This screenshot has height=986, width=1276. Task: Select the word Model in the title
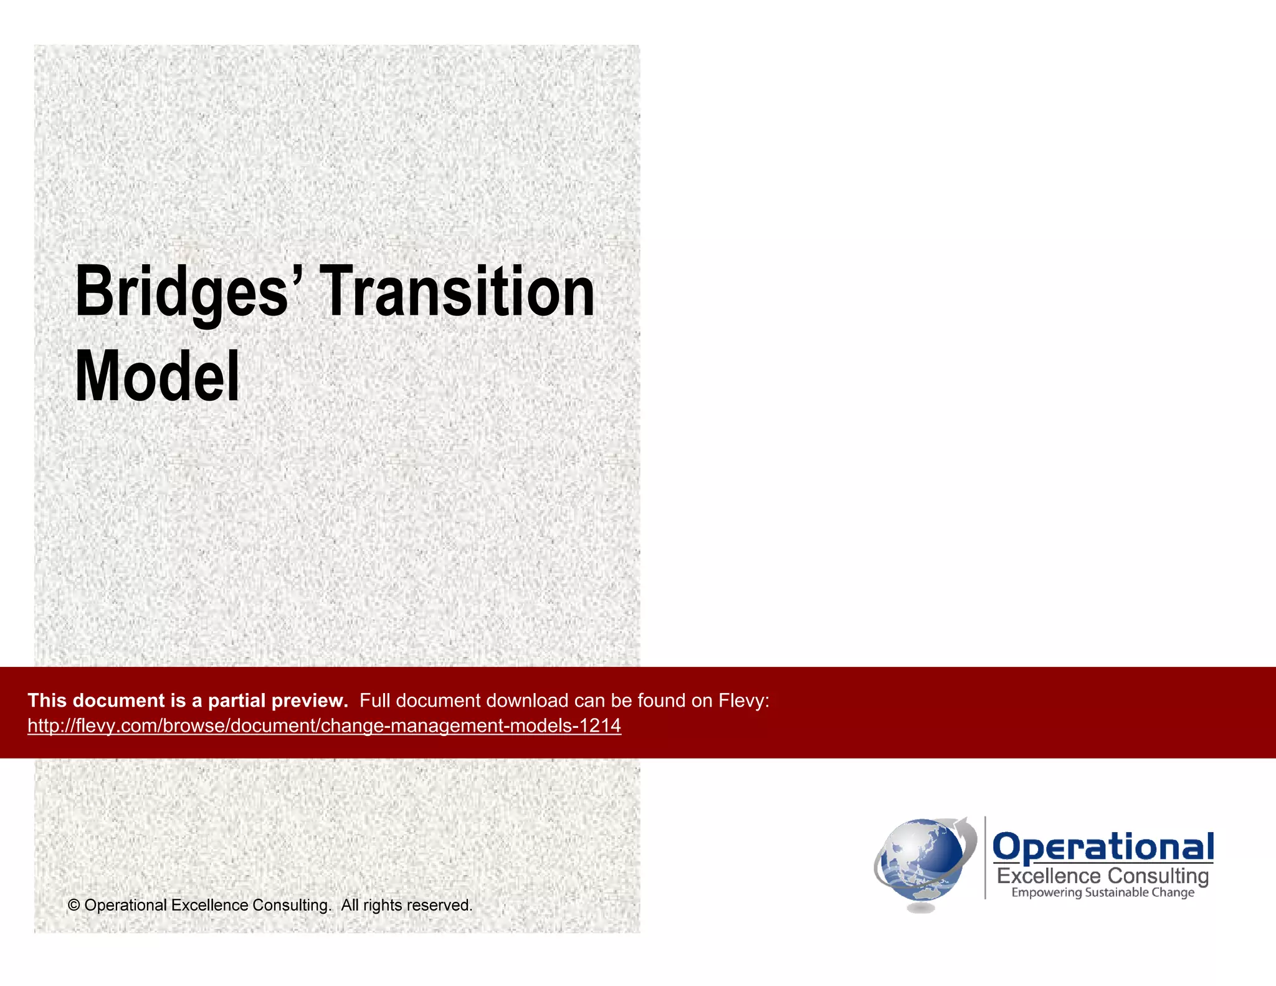(x=157, y=376)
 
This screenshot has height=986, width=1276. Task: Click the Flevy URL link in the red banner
(x=324, y=725)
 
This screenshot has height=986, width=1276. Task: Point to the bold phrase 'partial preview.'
(x=278, y=701)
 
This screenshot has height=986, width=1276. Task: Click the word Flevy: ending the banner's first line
(x=744, y=701)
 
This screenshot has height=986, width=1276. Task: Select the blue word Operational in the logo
(x=1103, y=848)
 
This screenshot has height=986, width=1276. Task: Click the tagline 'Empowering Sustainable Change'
(x=1103, y=893)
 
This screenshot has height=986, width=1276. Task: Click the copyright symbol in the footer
(x=74, y=905)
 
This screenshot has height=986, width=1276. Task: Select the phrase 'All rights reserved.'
(x=406, y=905)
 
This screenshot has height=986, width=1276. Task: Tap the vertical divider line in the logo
(x=985, y=858)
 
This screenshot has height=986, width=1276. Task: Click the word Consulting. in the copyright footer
(x=292, y=905)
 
